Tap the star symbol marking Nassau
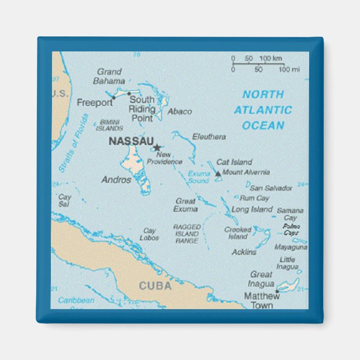click(x=157, y=148)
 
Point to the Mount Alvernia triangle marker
click(x=218, y=173)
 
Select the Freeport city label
click(x=94, y=102)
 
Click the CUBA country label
click(x=155, y=286)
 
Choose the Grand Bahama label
click(x=109, y=76)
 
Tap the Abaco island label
click(x=179, y=112)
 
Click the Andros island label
click(x=116, y=180)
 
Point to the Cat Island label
click(x=234, y=162)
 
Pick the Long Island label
click(x=252, y=209)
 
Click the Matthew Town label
click(x=261, y=300)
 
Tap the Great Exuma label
click(x=186, y=205)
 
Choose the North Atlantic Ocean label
click(x=263, y=110)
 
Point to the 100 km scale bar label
click(x=270, y=58)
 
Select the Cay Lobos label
click(x=150, y=234)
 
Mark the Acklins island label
click(x=244, y=252)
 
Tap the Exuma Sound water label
click(x=198, y=177)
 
